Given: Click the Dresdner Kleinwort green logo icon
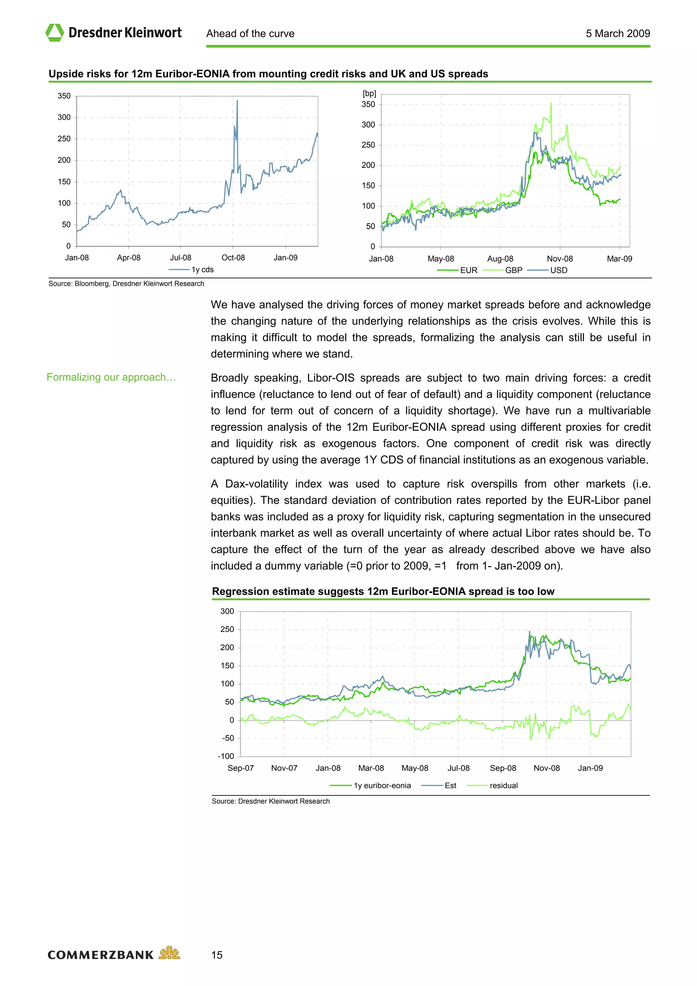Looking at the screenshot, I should pos(54,33).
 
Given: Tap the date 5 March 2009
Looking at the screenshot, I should pos(618,33).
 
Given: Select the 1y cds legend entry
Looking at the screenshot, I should pos(192,270).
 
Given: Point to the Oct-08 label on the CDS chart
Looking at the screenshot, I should pos(233,258).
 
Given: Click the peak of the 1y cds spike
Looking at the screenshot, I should pos(237,101).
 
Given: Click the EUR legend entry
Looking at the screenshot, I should pos(457,270).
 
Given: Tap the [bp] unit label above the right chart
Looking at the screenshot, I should pos(369,94).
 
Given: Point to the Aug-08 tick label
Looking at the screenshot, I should pos(500,259).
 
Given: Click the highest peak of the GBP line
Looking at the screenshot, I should pos(551,103).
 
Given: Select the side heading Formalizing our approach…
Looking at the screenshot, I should pos(111,377).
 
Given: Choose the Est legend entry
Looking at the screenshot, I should pos(439,786).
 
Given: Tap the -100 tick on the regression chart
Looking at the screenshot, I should pos(226,756).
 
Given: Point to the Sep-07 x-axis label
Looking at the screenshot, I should pos(241,768).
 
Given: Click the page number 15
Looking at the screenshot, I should pos(217,955).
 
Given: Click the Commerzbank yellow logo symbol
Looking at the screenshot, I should pos(169,953).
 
